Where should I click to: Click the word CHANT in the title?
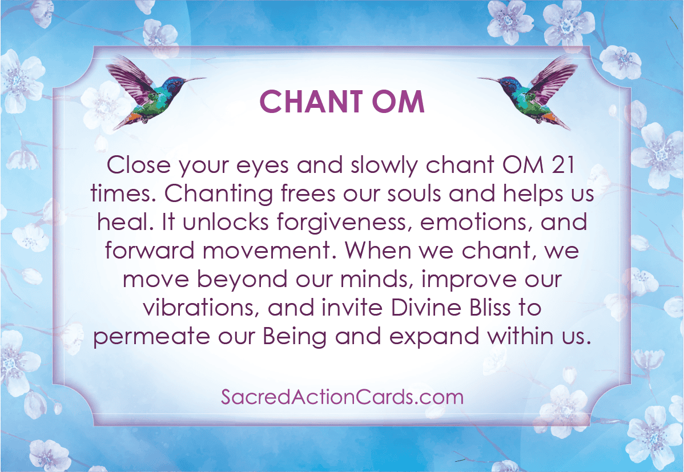(311, 102)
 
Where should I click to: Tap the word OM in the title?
(398, 102)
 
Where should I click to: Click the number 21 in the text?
(563, 166)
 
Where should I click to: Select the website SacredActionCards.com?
(342, 397)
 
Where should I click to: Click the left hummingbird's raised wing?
(128, 76)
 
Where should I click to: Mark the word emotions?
(476, 223)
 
